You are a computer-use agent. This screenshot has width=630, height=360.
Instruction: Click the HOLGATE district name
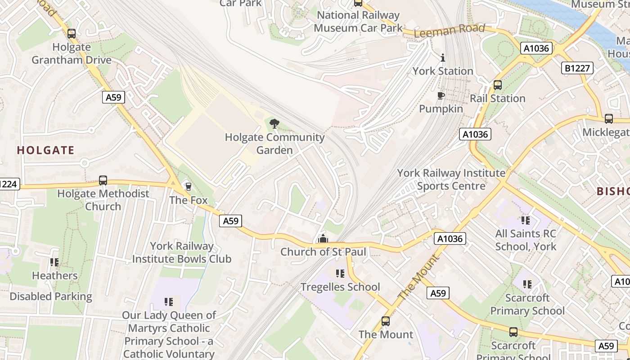coord(45,150)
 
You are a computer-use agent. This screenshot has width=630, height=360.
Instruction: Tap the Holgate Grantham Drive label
coord(72,54)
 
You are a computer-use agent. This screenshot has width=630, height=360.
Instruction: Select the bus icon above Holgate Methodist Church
coord(103,180)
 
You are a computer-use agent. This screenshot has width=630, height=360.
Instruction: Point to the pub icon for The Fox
coord(188,186)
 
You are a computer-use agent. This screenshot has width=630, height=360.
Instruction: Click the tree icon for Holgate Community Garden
coord(274,124)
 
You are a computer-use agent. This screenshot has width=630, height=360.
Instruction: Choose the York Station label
coord(443,71)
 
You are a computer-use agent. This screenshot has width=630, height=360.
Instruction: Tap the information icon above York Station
coord(443,58)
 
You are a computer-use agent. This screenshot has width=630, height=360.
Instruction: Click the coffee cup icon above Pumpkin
coord(441,95)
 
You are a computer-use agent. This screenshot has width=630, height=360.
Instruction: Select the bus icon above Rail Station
coord(498,85)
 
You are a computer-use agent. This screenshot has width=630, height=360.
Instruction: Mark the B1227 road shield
coord(577,68)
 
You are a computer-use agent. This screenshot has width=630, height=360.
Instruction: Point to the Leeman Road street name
coord(449,31)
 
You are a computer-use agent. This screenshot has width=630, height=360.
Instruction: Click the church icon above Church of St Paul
coord(323,238)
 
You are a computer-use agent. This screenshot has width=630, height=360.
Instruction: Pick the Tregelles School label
coord(340,287)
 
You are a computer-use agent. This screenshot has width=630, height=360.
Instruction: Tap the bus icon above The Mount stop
coord(386,321)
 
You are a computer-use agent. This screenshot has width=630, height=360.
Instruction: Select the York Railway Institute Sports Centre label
coord(451,180)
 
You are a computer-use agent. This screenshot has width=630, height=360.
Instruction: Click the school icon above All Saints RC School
coord(525,220)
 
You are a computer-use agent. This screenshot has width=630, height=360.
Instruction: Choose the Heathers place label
coord(54,275)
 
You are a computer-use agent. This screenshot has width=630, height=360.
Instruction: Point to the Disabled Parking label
coord(51,297)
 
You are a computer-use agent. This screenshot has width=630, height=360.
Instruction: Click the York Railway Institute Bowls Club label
coord(182,252)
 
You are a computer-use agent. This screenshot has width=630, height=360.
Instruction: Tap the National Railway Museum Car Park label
coord(358,21)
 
